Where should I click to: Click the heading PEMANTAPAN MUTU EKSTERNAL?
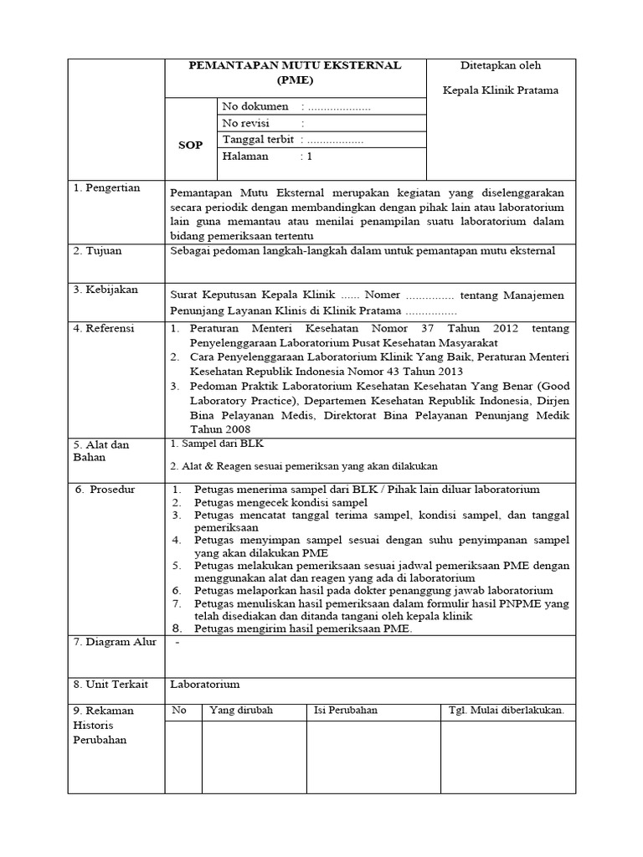[x=295, y=65]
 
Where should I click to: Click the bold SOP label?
[x=190, y=145]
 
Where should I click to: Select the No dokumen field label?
[x=255, y=107]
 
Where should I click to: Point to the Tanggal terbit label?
[x=258, y=140]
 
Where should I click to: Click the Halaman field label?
[x=245, y=157]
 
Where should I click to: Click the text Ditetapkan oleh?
[x=501, y=65]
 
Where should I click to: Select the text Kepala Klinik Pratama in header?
[x=501, y=90]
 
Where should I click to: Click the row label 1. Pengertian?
[x=106, y=188]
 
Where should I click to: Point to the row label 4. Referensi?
[x=104, y=329]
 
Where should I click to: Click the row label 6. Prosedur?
[x=105, y=490]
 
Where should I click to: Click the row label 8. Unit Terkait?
[x=111, y=684]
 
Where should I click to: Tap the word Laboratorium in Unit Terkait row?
[x=205, y=684]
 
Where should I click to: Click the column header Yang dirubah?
[x=241, y=711]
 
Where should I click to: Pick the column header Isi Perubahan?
[x=346, y=711]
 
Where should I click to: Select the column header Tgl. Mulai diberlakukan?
[x=507, y=711]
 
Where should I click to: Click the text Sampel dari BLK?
[x=222, y=444]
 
